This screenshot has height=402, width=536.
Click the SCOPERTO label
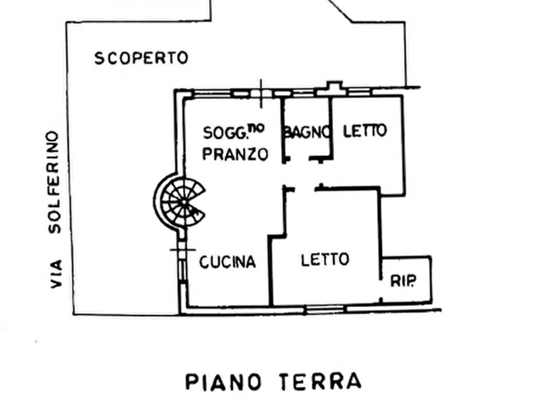tap(141, 58)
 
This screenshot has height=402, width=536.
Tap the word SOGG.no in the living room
tap(235, 131)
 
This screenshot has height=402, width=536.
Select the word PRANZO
tap(235, 154)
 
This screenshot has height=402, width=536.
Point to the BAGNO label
tap(307, 131)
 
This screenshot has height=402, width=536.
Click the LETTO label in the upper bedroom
tap(365, 131)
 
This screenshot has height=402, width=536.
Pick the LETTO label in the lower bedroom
tap(325, 259)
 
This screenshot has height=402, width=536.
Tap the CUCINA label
tap(227, 262)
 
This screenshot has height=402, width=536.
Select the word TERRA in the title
tap(319, 381)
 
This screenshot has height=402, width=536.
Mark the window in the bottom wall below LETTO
tap(324, 308)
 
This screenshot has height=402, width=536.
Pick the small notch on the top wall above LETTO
tap(333, 85)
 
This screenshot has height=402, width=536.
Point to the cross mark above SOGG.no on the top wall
tap(261, 92)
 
